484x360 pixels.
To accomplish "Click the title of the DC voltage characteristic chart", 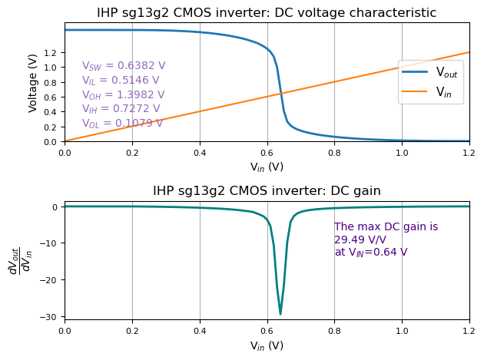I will pyautogui.click(x=267, y=13).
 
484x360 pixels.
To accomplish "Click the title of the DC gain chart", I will pyautogui.click(x=267, y=190).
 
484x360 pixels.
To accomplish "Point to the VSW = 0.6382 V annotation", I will pyautogui.click(x=124, y=66).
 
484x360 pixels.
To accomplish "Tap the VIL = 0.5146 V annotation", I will pyautogui.click(x=121, y=81).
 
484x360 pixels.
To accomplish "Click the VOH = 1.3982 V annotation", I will pyautogui.click(x=123, y=95).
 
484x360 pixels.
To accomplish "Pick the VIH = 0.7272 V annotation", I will pyautogui.click(x=121, y=109).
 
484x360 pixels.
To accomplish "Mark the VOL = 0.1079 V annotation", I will pyautogui.click(x=122, y=124).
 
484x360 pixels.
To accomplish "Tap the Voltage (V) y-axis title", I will pyautogui.click(x=33, y=83).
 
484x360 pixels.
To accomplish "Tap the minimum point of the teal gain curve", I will pyautogui.click(x=280, y=314).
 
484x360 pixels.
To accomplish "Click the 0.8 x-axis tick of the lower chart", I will pyautogui.click(x=334, y=330).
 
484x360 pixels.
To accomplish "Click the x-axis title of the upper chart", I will pyautogui.click(x=267, y=167).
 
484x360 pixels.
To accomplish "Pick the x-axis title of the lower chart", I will pyautogui.click(x=267, y=345).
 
